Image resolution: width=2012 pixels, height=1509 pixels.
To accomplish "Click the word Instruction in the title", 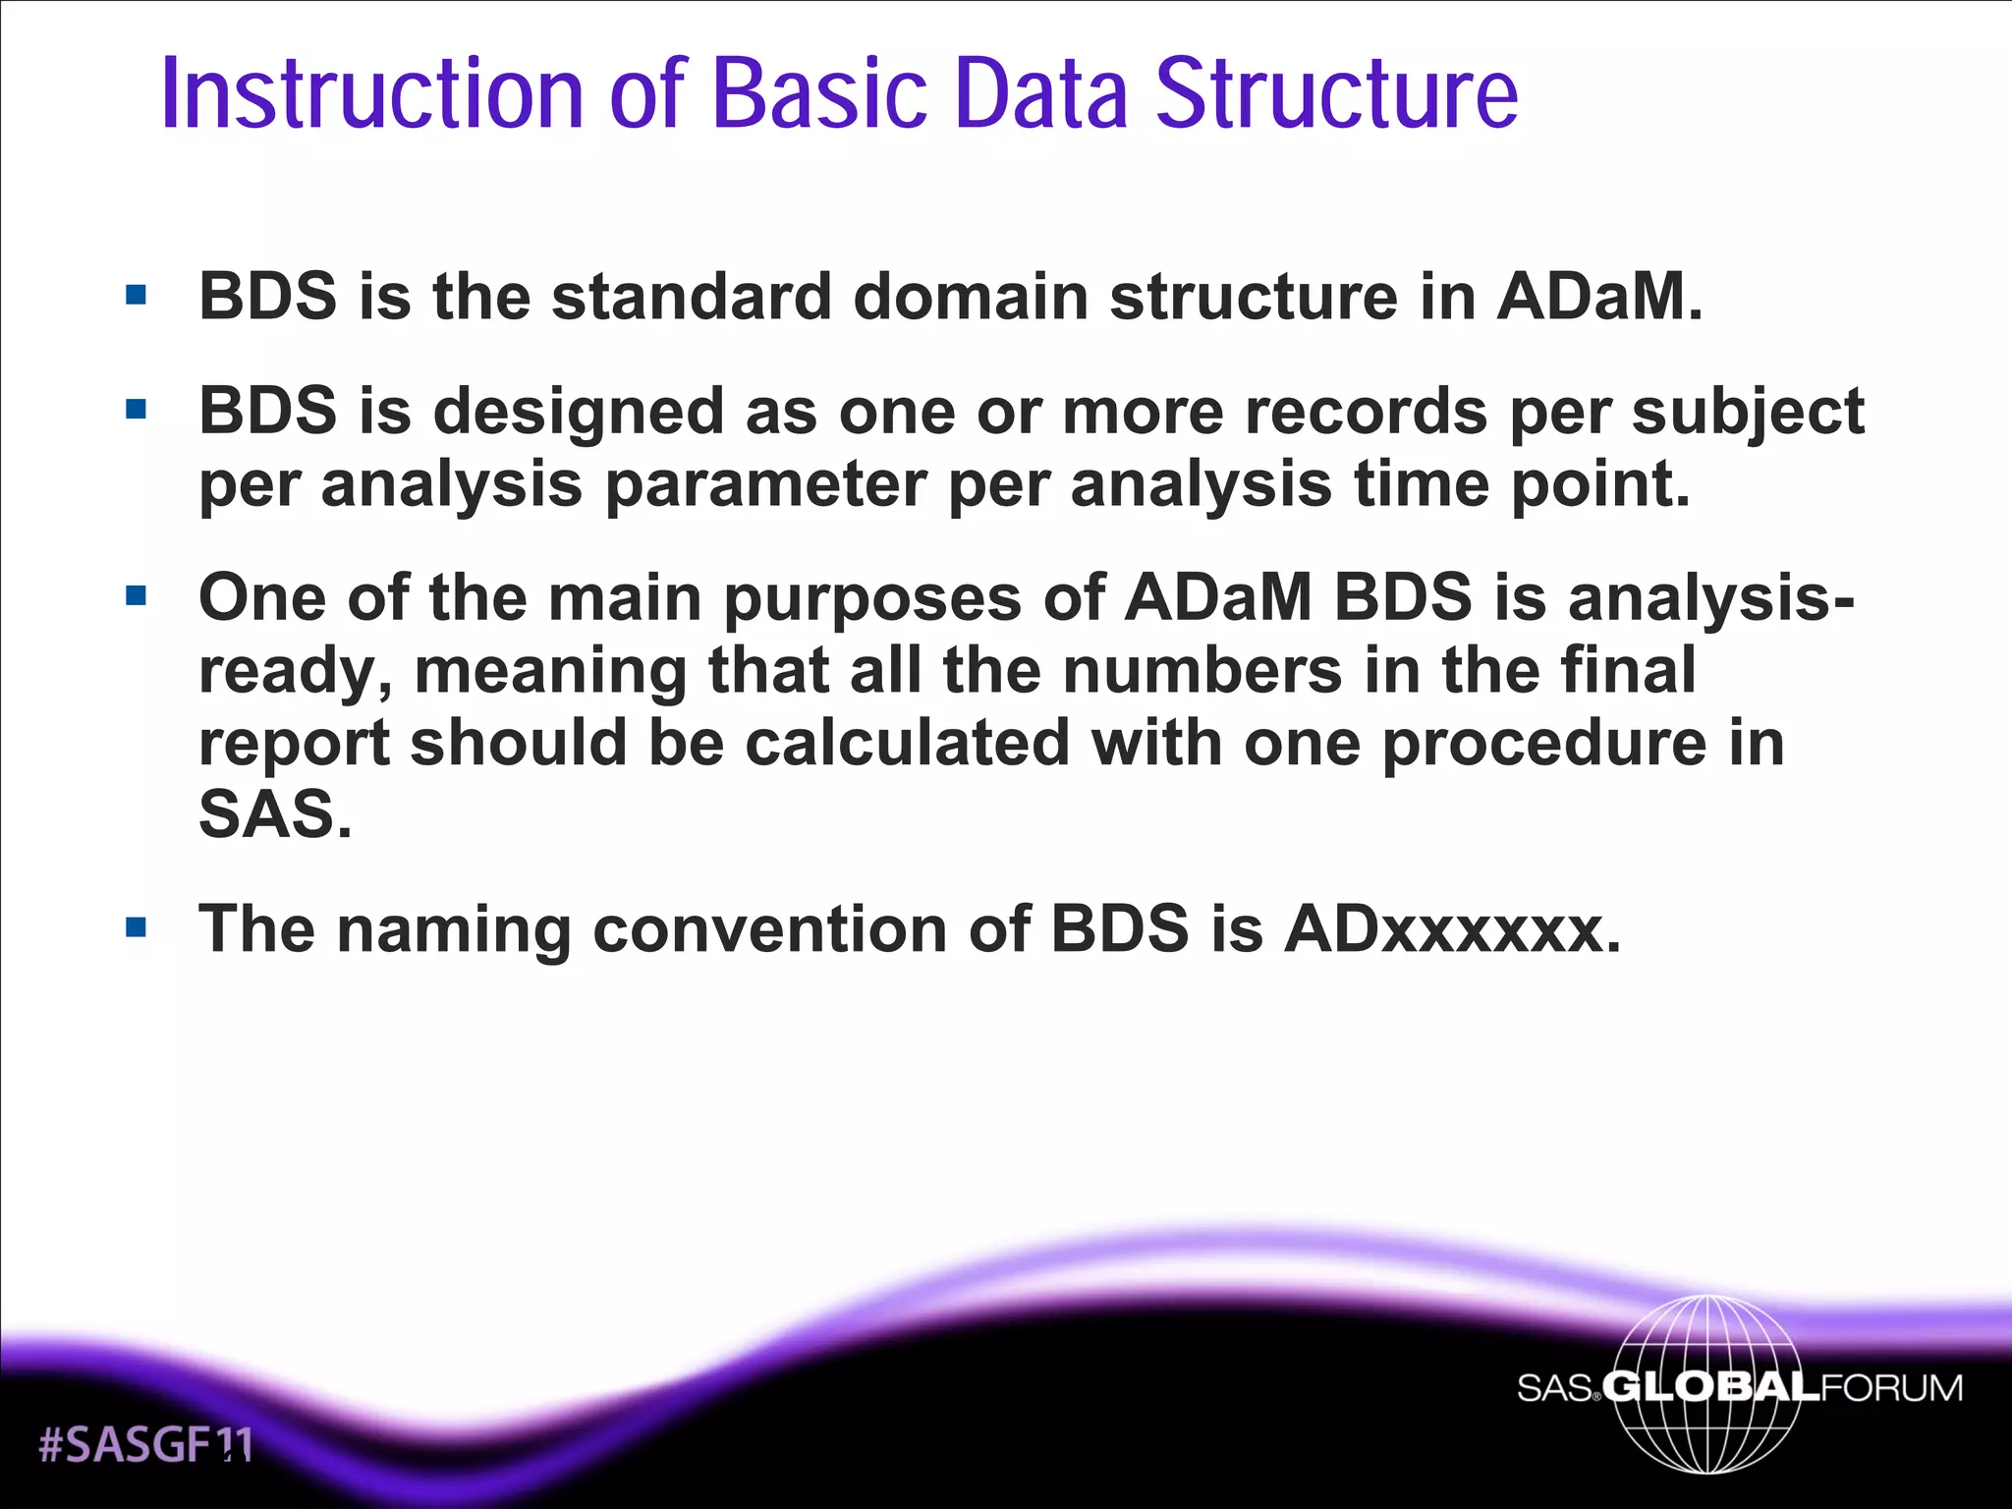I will point(372,94).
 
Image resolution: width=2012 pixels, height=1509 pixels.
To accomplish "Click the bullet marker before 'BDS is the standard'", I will point(136,295).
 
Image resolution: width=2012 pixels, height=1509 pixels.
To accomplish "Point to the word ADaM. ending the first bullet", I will point(1599,296).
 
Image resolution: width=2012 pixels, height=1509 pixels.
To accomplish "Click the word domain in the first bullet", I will point(971,296).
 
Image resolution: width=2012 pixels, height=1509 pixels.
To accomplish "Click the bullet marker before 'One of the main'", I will point(136,595).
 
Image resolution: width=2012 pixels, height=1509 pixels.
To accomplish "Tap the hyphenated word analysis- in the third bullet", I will point(1711,598).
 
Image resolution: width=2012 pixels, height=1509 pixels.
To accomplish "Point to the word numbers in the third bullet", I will point(1202,670).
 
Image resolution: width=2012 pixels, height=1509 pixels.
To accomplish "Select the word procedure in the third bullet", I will point(1544,743).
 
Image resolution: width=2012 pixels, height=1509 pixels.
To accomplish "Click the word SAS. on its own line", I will point(275,814).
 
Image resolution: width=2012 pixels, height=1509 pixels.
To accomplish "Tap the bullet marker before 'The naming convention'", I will point(136,927).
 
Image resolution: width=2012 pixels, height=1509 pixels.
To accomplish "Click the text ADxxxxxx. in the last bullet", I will point(1452,928).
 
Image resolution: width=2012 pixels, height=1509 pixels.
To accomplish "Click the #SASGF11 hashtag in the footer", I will point(145,1444).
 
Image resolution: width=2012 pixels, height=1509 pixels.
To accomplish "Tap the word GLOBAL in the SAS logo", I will point(1710,1387).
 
